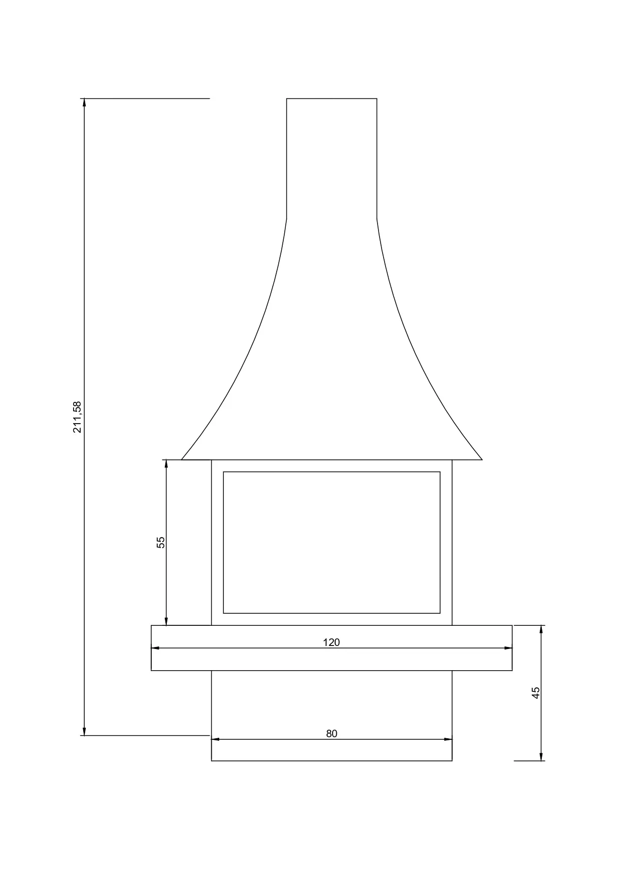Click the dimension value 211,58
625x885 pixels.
point(77,417)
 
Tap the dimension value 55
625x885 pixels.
point(161,542)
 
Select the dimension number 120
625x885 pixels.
point(331,642)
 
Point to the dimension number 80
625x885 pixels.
point(332,734)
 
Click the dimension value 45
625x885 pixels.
point(536,692)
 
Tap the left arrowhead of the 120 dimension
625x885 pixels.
point(155,648)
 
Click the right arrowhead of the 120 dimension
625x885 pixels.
point(508,648)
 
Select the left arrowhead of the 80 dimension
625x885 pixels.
point(216,739)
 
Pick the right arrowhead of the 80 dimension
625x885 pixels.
point(448,739)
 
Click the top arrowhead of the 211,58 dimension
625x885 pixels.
point(84,103)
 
